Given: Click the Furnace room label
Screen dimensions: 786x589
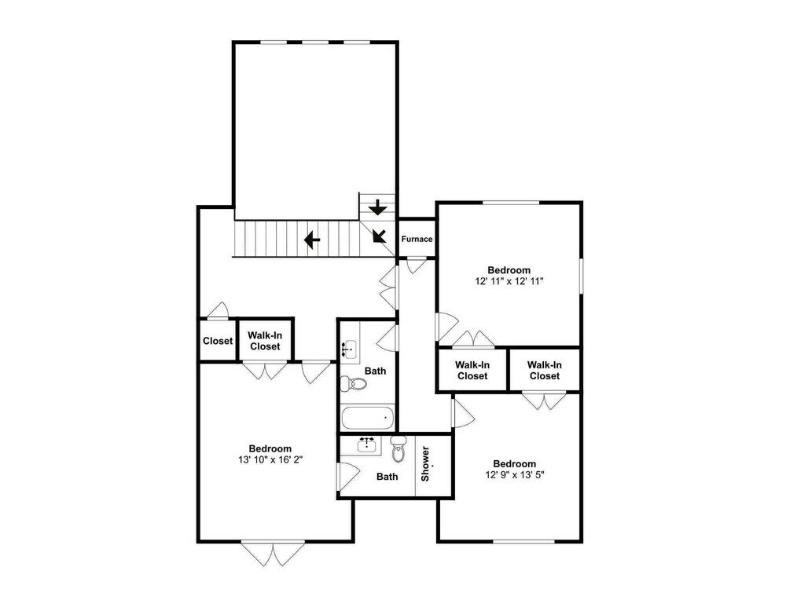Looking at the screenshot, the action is pos(417,239).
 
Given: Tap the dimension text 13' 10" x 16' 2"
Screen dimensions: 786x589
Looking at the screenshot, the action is pos(270,459).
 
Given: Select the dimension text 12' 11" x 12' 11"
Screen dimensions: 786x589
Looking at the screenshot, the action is pos(509,281).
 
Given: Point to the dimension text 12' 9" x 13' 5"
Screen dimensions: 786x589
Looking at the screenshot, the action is pos(515,474).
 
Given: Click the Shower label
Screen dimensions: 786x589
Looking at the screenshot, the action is pos(425,464).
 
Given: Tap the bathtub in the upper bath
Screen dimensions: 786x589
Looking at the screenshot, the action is pos(367,418).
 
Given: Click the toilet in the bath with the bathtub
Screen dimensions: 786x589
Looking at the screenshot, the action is pos(354,384).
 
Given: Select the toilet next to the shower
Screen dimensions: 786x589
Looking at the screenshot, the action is pos(398,448).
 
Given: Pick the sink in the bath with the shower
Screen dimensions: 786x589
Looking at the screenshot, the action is pos(367,444).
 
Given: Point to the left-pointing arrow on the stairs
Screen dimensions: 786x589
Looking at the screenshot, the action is pos(312,240).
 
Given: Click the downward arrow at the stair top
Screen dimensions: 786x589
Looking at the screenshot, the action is pos(377,207).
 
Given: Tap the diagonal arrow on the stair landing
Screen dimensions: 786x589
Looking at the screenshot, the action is pos(380,236).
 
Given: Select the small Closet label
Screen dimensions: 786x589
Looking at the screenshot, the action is pos(218,341).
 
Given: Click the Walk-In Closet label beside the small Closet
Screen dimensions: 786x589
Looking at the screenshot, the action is pos(265,341).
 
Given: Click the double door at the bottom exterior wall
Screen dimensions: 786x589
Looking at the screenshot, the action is pos(273,554).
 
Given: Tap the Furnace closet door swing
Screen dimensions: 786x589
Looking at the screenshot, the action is pos(416,265).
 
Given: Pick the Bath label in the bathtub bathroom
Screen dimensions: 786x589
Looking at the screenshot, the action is pos(375,371).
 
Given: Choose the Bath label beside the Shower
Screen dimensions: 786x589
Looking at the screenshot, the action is pos(387,477).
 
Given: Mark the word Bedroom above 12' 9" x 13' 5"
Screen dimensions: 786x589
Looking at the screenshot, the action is pos(514,464).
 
